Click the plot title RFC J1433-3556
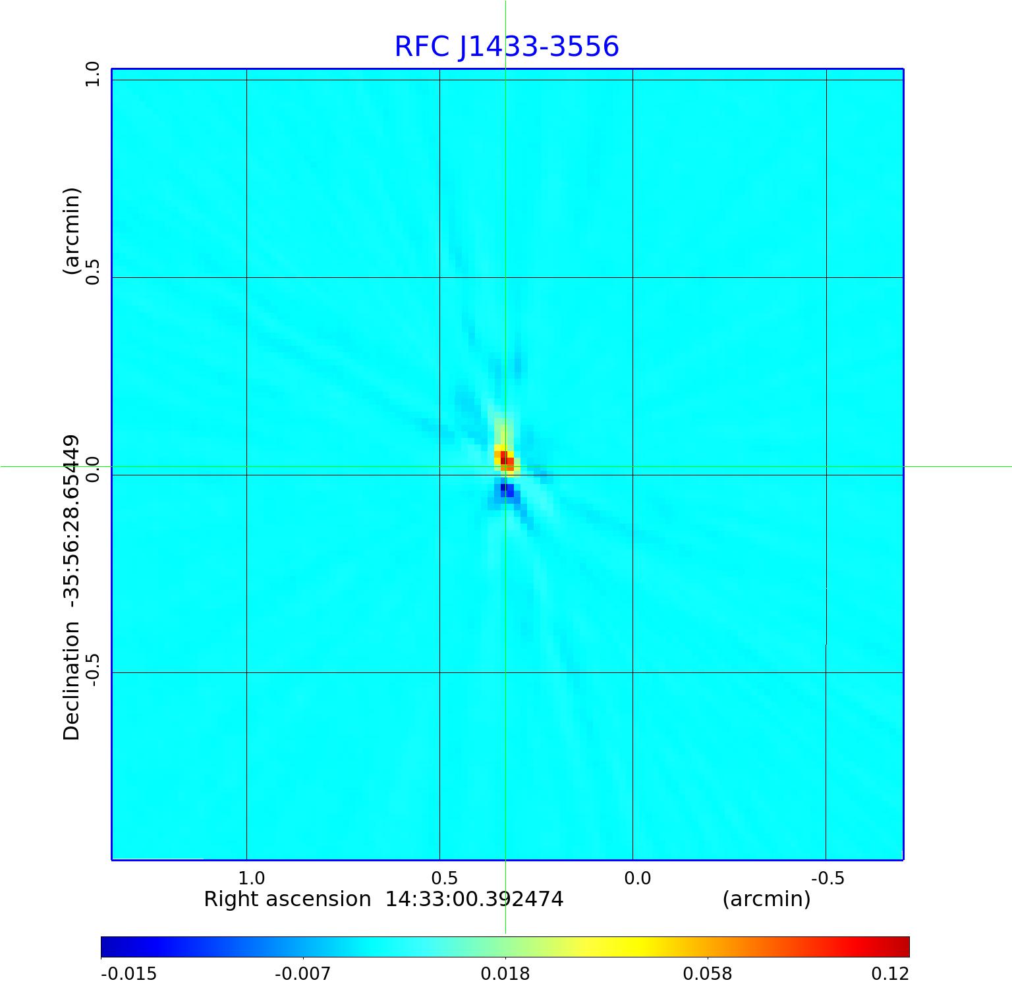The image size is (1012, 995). (507, 47)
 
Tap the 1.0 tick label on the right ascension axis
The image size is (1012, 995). (251, 878)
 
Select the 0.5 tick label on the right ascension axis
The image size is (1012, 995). (444, 878)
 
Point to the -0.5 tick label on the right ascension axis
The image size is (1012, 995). (828, 878)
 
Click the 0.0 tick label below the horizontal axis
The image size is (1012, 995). (637, 878)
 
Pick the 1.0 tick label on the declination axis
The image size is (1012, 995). (92, 74)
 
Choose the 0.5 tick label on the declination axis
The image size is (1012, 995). (92, 271)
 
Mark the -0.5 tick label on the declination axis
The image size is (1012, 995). (92, 670)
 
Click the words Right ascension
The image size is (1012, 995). (287, 899)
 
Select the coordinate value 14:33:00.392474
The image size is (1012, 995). (474, 899)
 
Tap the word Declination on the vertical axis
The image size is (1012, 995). (71, 681)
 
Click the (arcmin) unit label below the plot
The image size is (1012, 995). (766, 899)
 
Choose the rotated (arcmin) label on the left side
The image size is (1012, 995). (71, 231)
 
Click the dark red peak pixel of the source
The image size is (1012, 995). (504, 459)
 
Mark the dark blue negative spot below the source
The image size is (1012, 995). (504, 489)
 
